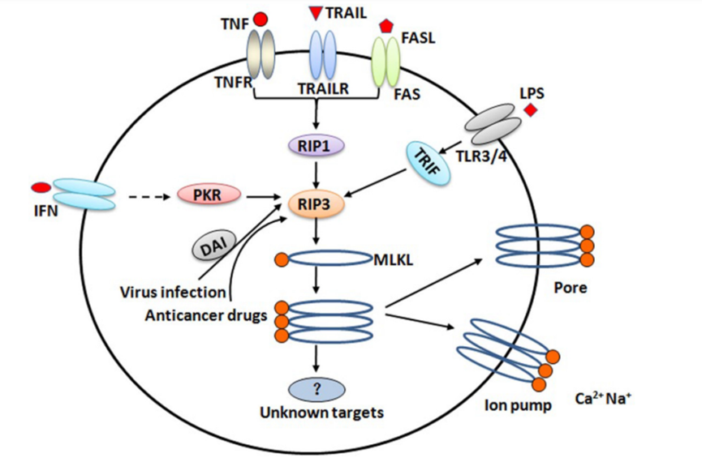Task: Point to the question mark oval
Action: coord(318,387)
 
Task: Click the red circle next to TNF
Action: coord(261,19)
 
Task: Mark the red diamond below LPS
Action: coord(531,109)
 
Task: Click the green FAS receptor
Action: coord(385,61)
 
